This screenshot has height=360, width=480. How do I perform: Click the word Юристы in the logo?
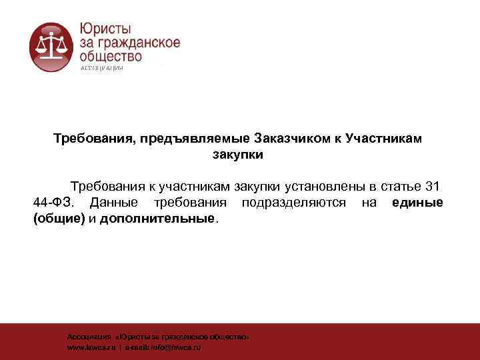pos(105,29)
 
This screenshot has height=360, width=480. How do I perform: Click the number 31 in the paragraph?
pos(432,185)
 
